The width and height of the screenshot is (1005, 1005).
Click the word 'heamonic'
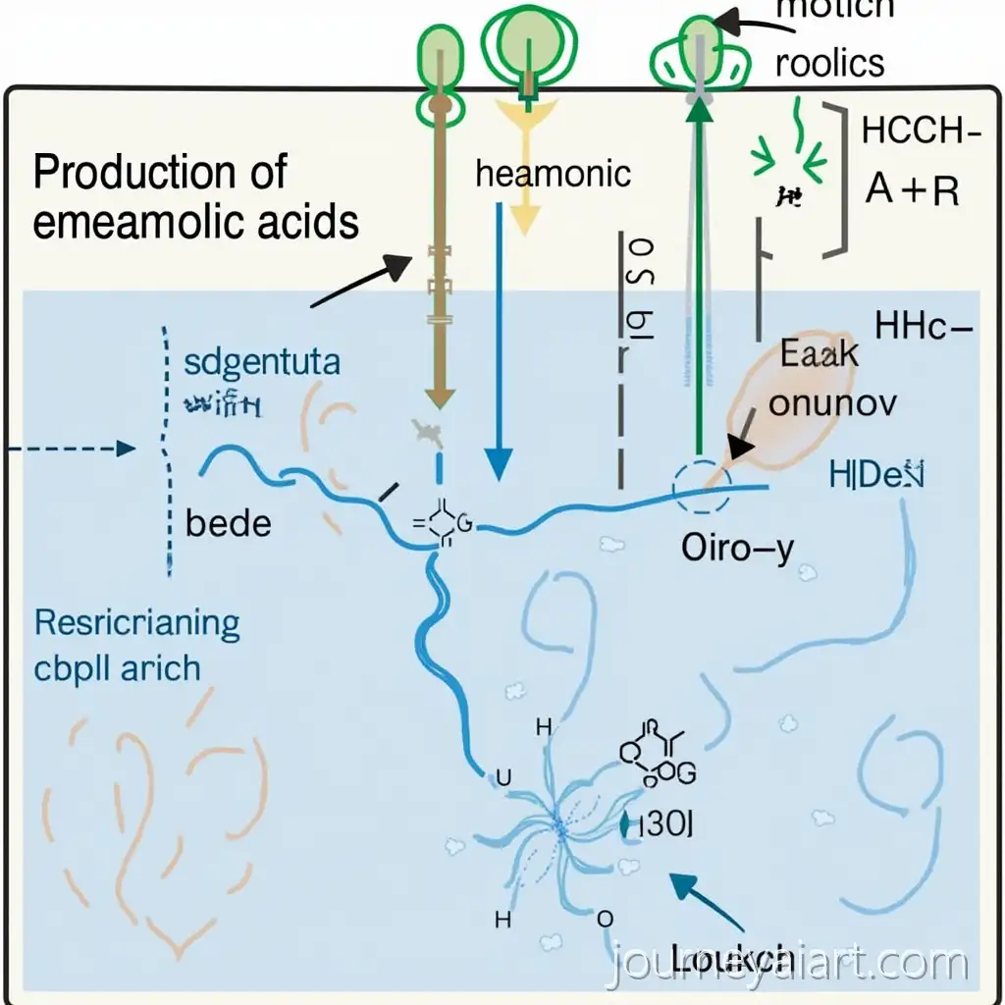tap(553, 174)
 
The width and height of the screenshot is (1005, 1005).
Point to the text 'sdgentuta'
tap(262, 362)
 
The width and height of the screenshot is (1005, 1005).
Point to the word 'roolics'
tap(829, 63)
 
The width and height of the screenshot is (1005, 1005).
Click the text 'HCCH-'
tap(919, 132)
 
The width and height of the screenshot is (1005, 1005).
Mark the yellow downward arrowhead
tap(528, 219)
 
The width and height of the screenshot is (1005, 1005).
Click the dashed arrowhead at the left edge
tap(125, 450)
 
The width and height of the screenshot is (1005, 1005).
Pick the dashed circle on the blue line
tap(701, 485)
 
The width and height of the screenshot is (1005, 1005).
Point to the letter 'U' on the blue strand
tap(504, 776)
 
